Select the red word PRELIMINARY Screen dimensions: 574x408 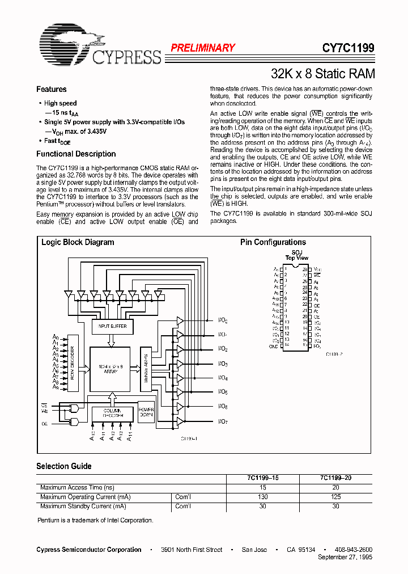coord(203,48)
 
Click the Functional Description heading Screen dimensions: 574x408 coord(76,154)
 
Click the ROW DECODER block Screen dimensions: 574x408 coord(73,365)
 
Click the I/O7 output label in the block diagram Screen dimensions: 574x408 coord(223,421)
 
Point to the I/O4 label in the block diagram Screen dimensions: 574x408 coord(223,378)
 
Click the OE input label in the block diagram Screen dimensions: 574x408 coord(44,423)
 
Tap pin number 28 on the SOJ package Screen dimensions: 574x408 coord(304,269)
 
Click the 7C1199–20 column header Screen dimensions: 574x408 coord(335,478)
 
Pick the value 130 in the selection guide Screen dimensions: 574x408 coord(262,497)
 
